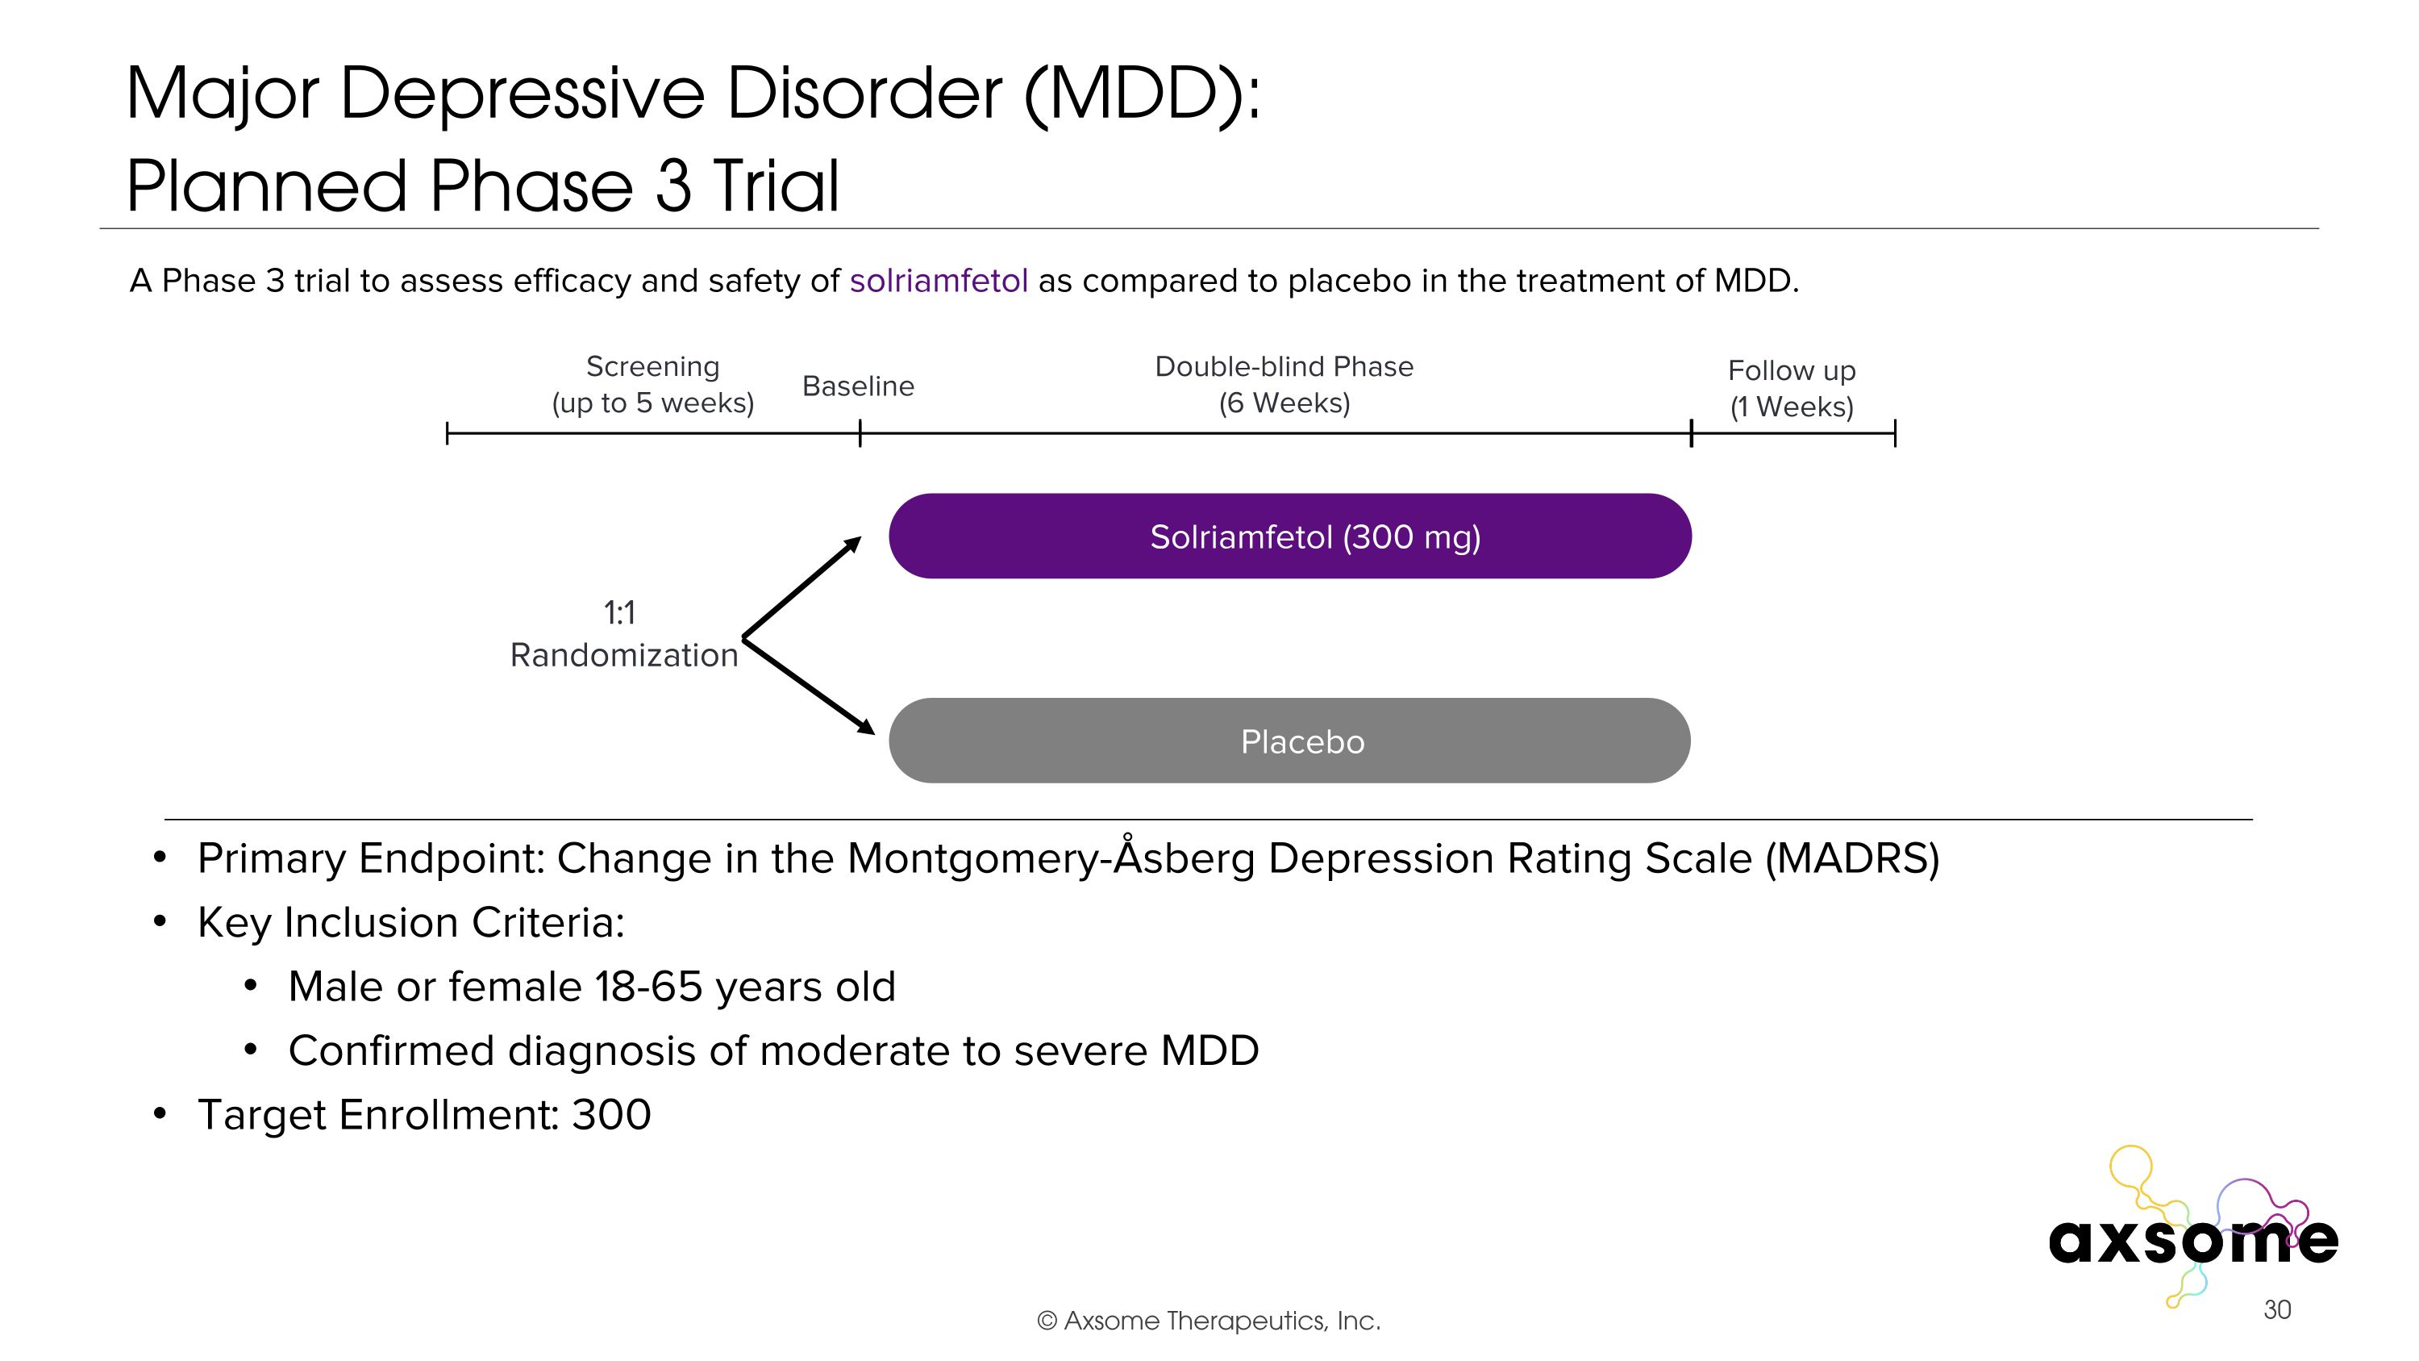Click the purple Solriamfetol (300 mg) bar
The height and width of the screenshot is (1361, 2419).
point(1289,536)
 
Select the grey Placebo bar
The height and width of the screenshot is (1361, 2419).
point(1289,741)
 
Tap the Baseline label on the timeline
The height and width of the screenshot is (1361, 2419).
point(857,386)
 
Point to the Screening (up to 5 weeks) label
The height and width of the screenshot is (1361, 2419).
point(652,384)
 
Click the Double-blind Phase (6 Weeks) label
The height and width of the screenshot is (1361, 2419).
point(1284,384)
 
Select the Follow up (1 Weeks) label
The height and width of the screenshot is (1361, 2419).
point(1791,388)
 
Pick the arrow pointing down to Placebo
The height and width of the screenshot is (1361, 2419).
point(809,687)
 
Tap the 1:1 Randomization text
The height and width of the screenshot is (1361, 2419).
point(623,634)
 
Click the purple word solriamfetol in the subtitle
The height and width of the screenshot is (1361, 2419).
point(938,281)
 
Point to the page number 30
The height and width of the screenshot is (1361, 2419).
point(2276,1309)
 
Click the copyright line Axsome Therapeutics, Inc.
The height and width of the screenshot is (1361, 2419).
point(1209,1321)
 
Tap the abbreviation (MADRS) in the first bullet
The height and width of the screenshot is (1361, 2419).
point(1852,858)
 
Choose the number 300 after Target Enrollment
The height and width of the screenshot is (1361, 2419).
point(611,1115)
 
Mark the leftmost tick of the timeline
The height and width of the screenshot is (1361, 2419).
point(447,433)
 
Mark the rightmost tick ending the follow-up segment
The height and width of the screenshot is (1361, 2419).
point(1895,433)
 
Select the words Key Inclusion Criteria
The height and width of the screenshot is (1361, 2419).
point(410,922)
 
